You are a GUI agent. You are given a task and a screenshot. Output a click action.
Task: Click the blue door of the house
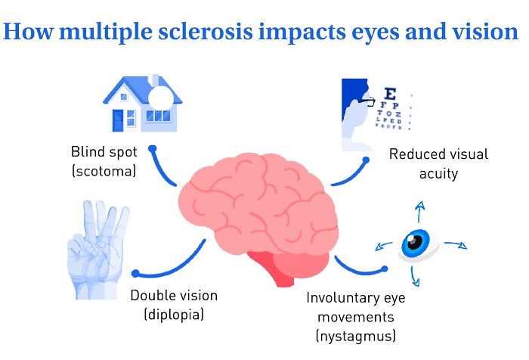point(119,120)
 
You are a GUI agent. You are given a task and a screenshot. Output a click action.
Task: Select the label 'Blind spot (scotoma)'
point(104,161)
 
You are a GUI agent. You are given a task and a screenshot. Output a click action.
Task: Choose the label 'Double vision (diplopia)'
point(173,304)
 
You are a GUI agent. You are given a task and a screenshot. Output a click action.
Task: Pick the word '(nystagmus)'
point(356,334)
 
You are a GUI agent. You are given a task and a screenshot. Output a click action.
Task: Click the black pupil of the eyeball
point(413,242)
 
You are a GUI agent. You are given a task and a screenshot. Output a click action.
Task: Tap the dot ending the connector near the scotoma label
point(152,149)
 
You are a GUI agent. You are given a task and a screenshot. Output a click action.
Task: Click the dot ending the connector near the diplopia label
point(136,274)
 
